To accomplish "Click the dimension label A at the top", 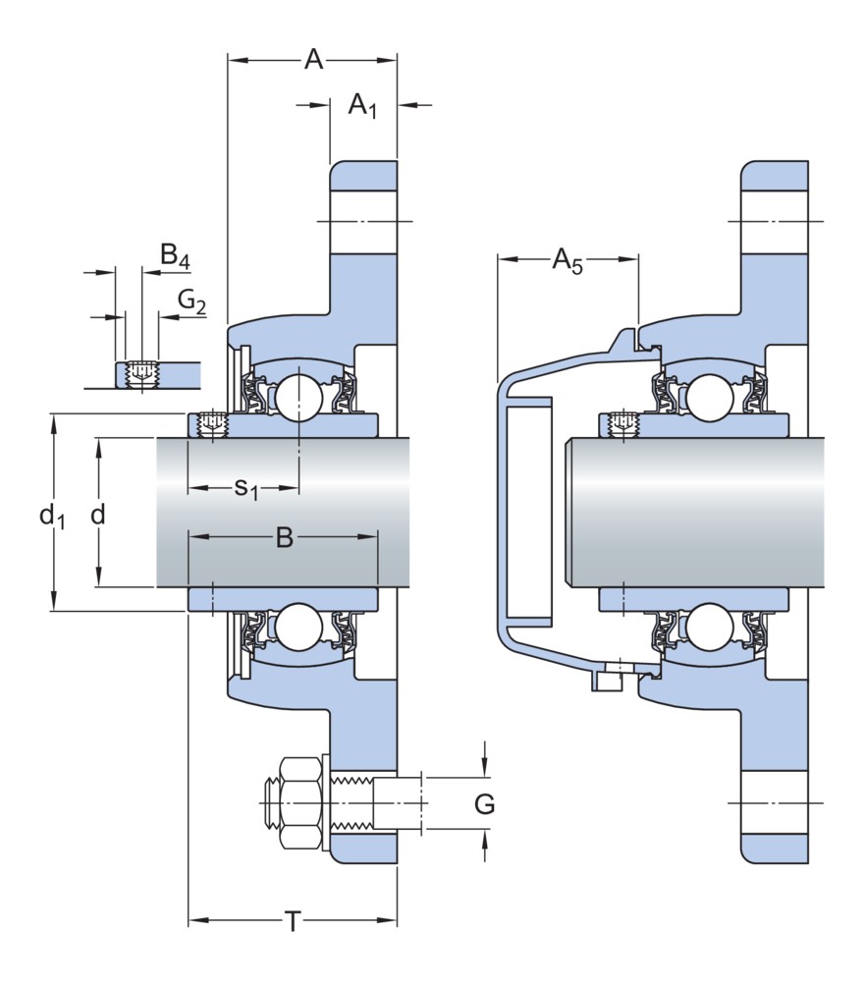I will [313, 60].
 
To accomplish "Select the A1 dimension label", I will [362, 104].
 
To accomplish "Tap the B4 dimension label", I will [175, 257].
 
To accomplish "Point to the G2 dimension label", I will [191, 301].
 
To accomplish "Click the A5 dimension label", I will [567, 260].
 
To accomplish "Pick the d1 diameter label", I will [51, 515].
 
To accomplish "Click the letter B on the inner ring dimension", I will [284, 537].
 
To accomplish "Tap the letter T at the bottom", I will [292, 921].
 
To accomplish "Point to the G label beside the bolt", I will [484, 804].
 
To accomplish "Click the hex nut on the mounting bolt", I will [300, 803].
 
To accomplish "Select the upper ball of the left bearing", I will [297, 396].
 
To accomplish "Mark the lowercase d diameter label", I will [97, 514].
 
